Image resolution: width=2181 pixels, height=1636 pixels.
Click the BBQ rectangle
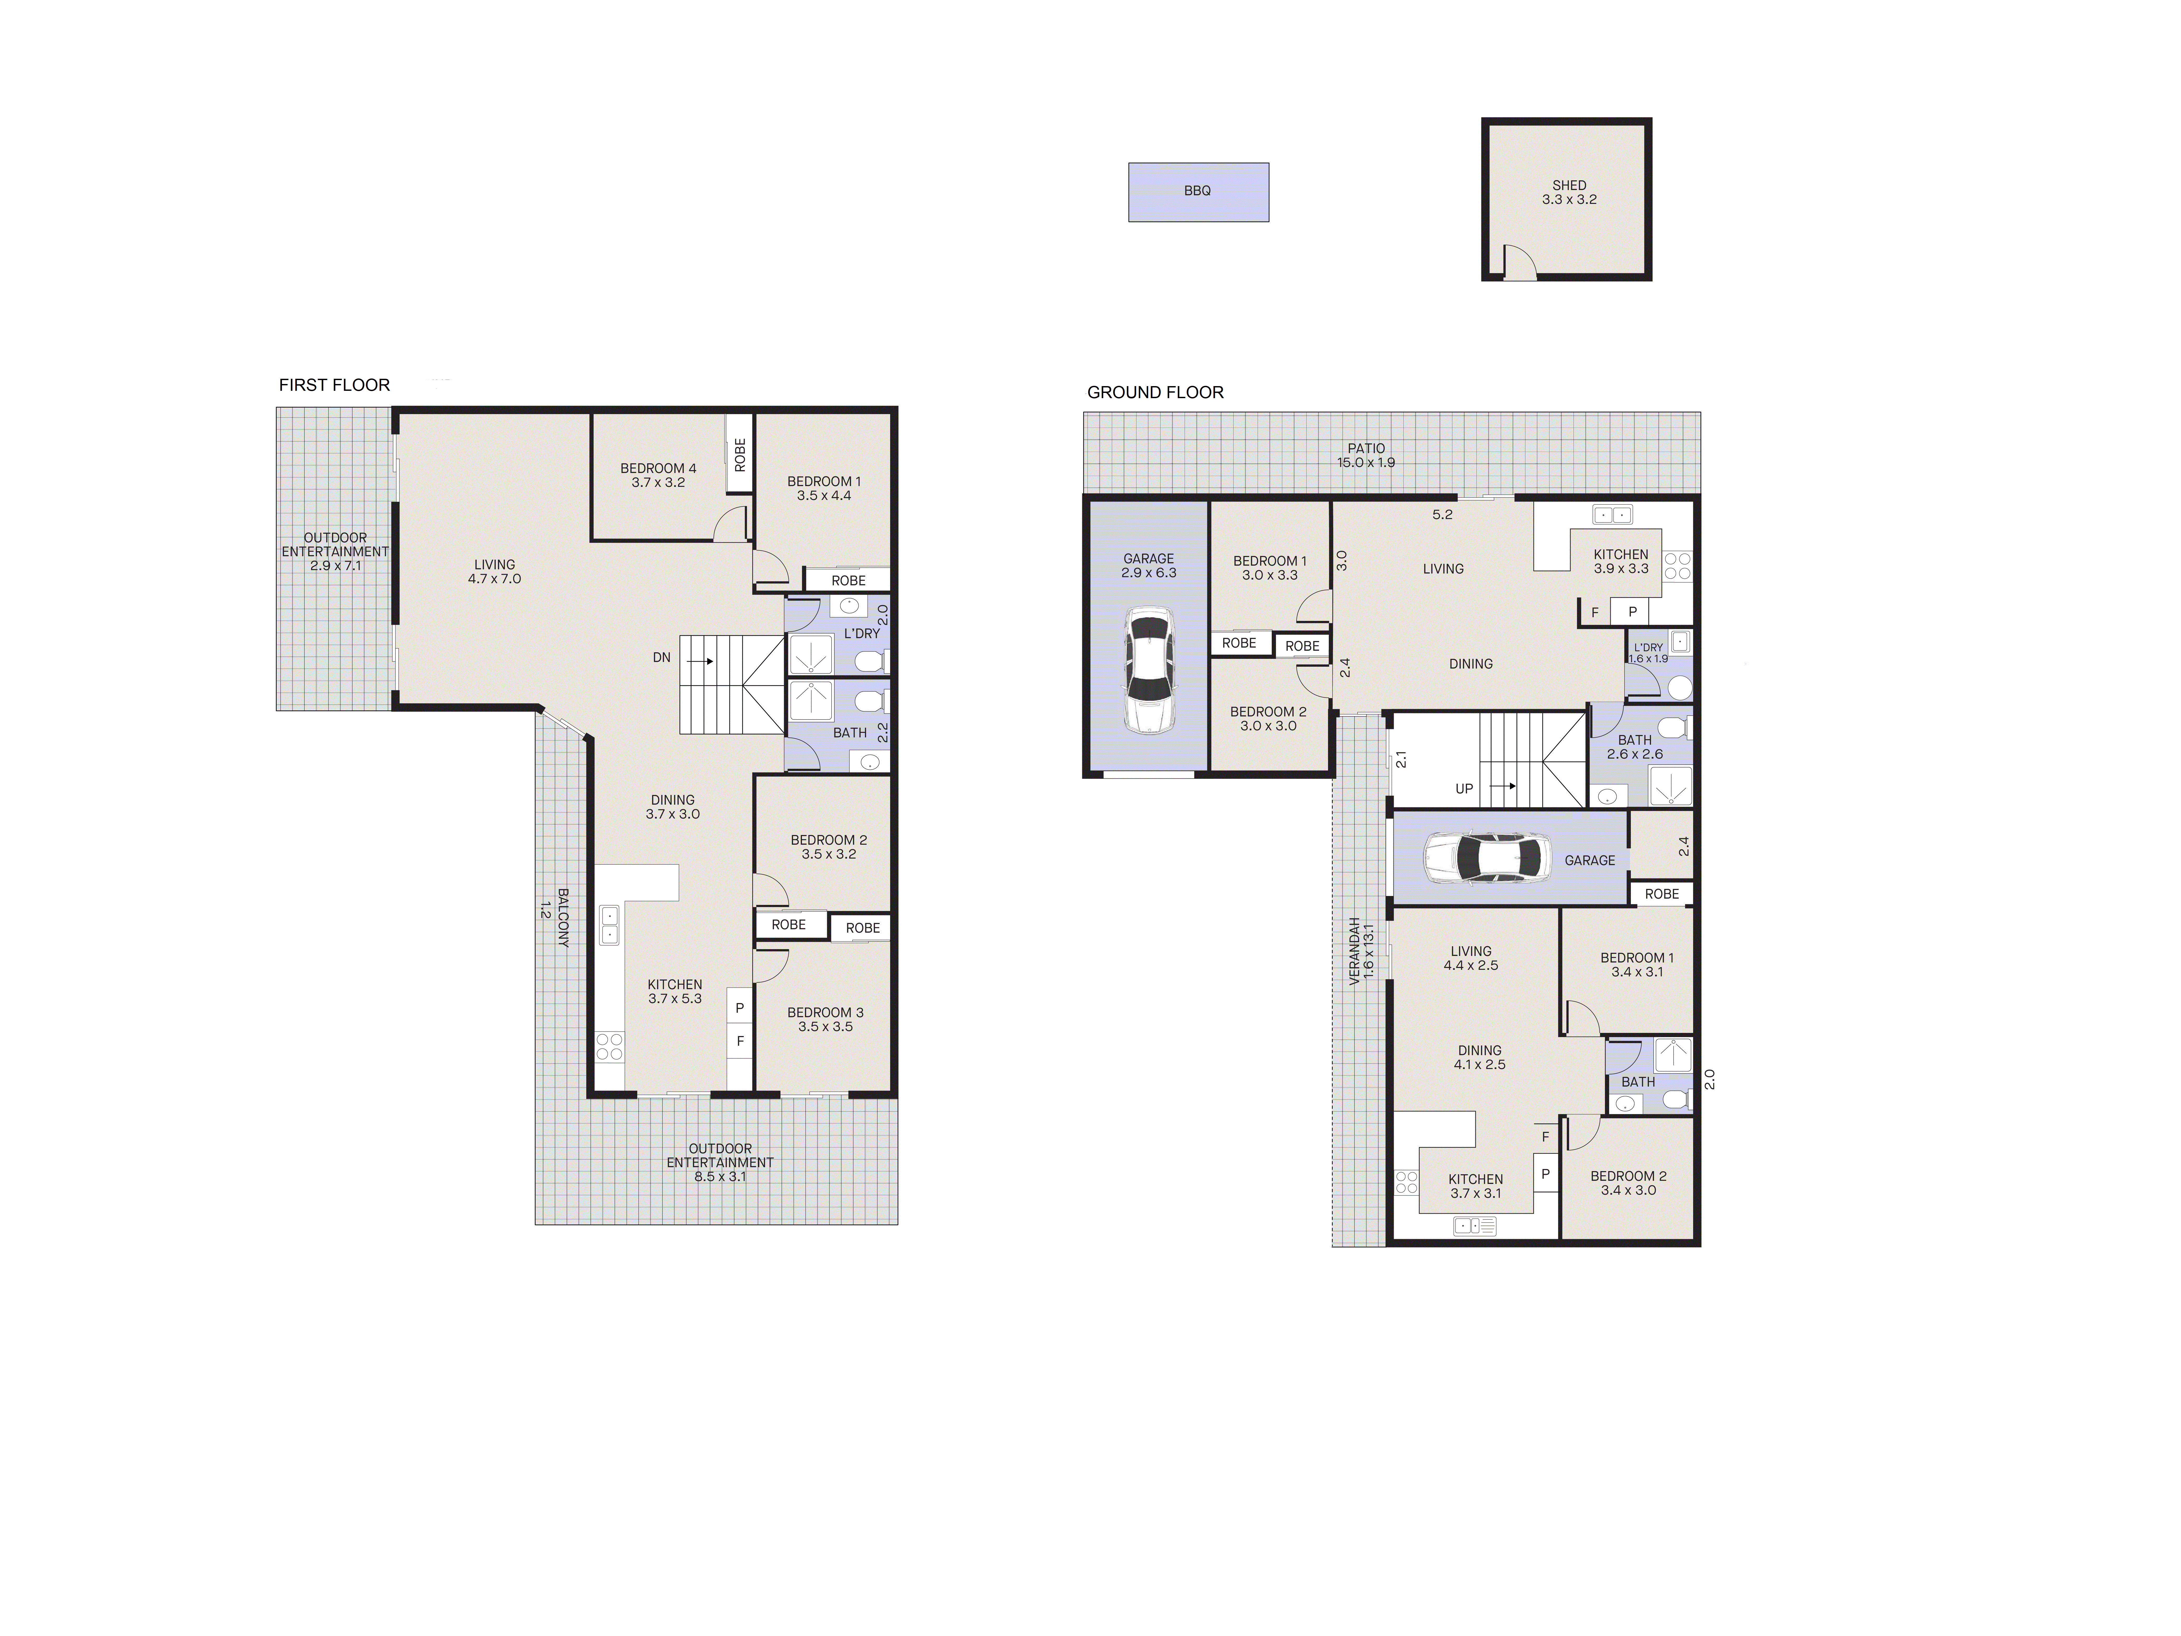point(1198,191)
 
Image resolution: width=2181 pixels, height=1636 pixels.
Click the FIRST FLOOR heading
point(334,385)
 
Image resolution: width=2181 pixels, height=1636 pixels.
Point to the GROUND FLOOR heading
point(1154,392)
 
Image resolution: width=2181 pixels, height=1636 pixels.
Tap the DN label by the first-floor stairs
point(662,658)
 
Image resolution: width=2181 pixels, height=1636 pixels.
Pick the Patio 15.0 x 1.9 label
point(1366,455)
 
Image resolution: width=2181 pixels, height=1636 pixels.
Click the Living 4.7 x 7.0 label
point(494,572)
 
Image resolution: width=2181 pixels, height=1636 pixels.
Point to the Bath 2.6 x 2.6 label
point(1635,747)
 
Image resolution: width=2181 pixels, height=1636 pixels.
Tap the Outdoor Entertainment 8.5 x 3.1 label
point(720,1162)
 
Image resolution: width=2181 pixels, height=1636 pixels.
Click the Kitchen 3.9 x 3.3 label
point(1621,561)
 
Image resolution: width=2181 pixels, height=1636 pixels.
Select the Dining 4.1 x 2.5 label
point(1479,1057)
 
